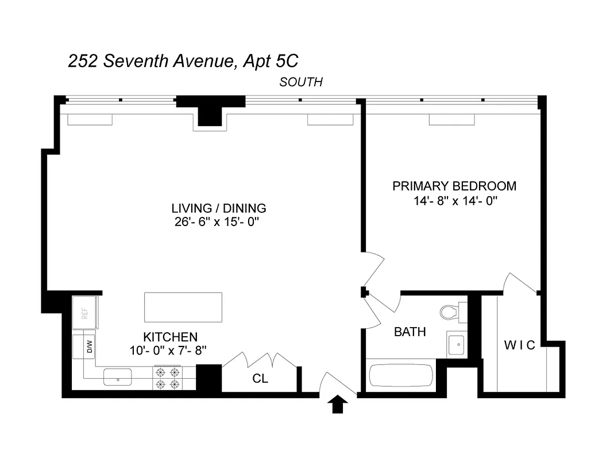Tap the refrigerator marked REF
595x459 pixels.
pos(84,313)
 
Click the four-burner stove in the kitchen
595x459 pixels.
pos(167,378)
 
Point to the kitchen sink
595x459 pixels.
pos(118,377)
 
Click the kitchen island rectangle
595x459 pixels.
pos(183,308)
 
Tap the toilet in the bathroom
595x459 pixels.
pos(451,310)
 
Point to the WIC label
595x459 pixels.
pos(519,345)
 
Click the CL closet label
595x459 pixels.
pos(260,379)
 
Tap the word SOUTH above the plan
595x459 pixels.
pos(301,82)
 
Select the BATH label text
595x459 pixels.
pos(409,332)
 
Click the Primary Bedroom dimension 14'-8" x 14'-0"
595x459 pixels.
pos(454,201)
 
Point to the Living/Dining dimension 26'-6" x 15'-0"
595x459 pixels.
pos(219,222)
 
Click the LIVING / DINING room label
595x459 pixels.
pos(219,208)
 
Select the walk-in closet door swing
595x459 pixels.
pos(520,283)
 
